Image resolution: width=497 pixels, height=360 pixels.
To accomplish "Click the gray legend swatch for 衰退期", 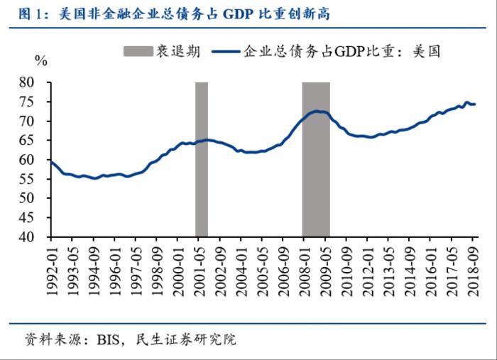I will tap(139, 51).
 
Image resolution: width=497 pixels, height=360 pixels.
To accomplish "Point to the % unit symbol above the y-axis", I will tap(41, 61).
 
